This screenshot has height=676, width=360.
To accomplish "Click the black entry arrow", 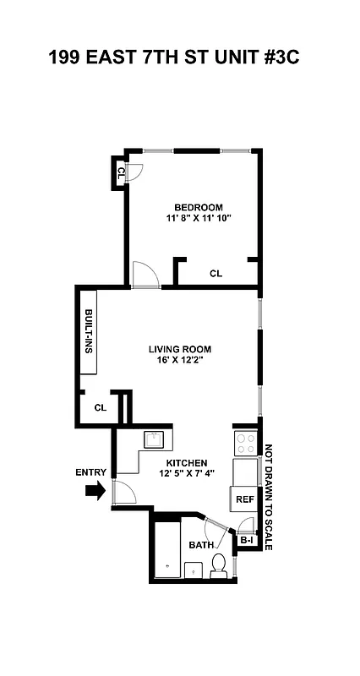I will (96, 490).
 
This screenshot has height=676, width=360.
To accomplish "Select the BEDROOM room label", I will (199, 208).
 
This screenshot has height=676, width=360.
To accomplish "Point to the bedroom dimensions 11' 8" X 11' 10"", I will (199, 219).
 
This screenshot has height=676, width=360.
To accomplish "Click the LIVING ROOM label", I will (179, 348).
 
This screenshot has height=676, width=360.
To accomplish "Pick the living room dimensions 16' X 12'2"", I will (179, 360).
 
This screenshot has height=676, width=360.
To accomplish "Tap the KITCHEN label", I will (186, 462).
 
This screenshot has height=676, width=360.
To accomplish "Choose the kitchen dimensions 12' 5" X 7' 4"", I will (186, 473).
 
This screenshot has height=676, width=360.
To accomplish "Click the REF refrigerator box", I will (244, 499).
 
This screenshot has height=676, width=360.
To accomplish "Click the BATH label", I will (201, 545).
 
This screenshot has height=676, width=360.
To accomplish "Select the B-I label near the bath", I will (247, 540).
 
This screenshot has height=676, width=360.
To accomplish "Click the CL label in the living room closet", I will (100, 407).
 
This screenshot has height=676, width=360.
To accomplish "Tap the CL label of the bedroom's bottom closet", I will (215, 273).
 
